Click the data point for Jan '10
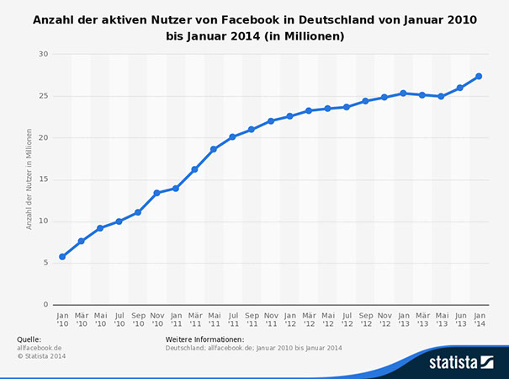point(62,257)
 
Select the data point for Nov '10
point(156,193)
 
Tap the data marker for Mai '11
point(214,149)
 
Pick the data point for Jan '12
point(289,116)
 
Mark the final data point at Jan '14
point(479,77)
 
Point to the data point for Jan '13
point(403,93)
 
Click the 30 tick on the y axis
point(44,54)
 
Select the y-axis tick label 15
point(44,179)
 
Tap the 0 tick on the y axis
point(46,305)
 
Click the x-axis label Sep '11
point(252,318)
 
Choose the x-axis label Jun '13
point(460,318)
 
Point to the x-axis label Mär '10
point(82,318)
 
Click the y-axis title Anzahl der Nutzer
point(29,179)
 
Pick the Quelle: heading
point(29,339)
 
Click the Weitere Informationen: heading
point(204,339)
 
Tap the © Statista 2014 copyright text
point(41,356)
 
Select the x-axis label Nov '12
point(384,318)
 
